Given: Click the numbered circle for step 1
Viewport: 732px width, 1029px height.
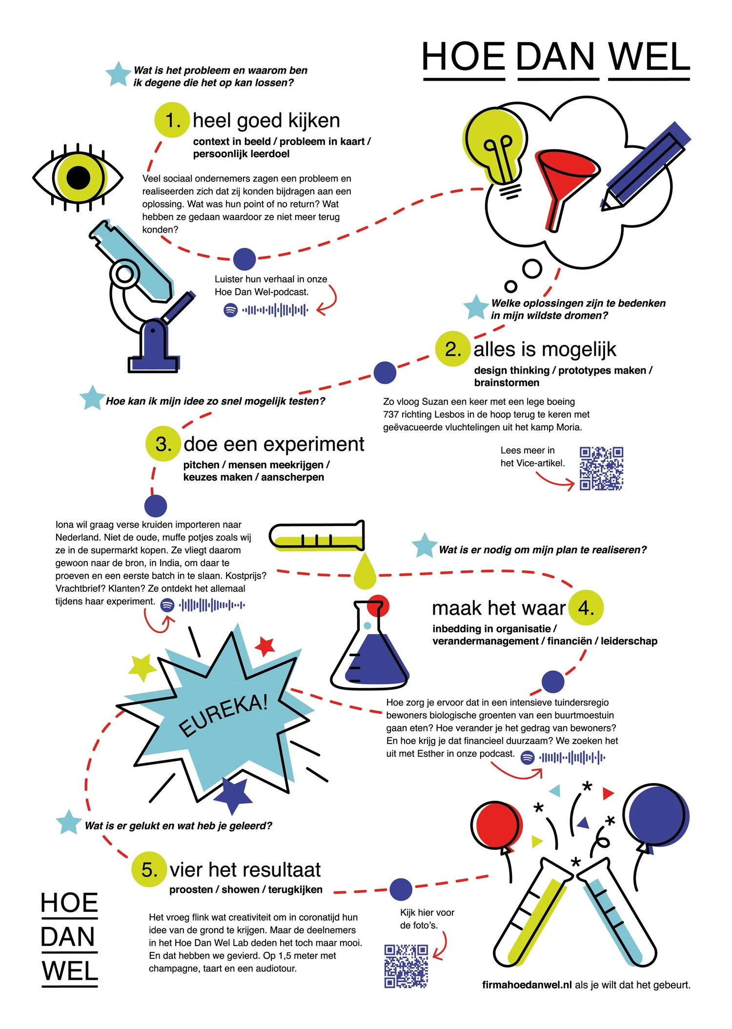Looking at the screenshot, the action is [172, 120].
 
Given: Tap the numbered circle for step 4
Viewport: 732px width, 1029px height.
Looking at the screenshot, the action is [586, 608].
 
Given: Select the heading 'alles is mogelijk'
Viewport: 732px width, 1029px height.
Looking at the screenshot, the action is [545, 349].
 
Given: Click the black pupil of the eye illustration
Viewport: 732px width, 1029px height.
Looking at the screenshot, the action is [79, 177].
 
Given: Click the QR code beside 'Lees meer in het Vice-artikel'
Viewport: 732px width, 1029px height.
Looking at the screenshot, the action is [601, 468].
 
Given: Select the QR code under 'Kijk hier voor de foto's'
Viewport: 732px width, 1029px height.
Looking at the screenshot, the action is [406, 967].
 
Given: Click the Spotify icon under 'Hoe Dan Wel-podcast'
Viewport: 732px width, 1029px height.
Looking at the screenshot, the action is [230, 310].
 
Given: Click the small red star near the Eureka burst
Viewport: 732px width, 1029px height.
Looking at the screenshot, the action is [265, 646].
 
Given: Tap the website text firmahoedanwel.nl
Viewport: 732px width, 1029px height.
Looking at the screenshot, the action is [527, 985].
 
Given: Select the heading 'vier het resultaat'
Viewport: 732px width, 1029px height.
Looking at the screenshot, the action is [245, 870].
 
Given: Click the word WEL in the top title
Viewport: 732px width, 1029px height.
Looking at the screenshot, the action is [649, 58].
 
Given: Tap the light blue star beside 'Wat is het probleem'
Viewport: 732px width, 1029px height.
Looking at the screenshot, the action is [118, 74].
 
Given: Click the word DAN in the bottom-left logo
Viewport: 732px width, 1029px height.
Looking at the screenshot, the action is [68, 937].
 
